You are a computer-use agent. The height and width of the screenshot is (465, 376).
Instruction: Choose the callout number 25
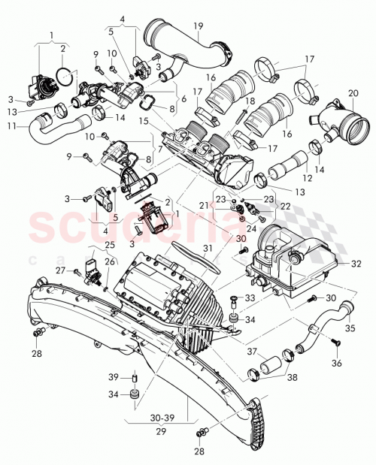click(x=111, y=246)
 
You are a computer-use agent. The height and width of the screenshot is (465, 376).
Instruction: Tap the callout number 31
click(x=208, y=249)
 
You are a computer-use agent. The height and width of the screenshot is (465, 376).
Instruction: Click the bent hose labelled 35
click(x=316, y=329)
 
